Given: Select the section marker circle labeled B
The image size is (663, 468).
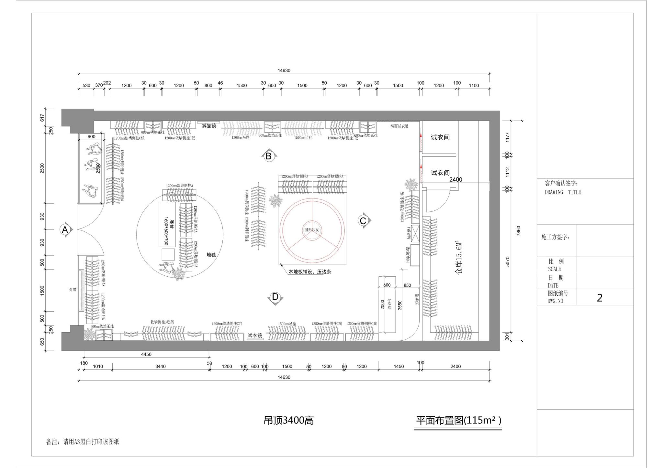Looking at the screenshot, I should (268, 156).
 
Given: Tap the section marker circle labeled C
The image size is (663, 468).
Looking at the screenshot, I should (363, 221).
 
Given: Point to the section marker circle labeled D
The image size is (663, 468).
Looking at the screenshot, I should (275, 297).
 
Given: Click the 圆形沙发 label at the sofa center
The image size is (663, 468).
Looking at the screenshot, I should (312, 230).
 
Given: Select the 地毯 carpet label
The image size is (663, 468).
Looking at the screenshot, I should (211, 255).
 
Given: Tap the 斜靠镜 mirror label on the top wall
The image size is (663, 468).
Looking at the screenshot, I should (209, 126).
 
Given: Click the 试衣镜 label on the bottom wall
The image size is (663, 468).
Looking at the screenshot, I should (255, 335).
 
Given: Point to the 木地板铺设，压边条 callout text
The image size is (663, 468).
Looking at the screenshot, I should (310, 272).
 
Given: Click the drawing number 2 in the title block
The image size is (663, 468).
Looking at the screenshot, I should (599, 298).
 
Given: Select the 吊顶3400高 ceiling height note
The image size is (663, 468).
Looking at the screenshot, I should (288, 420).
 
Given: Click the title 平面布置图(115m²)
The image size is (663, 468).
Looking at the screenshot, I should (458, 420).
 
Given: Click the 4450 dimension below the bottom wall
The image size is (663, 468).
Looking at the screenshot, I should (146, 354).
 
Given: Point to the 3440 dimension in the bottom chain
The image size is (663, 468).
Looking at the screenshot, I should (160, 366).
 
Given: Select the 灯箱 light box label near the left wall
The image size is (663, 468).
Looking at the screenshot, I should (73, 290).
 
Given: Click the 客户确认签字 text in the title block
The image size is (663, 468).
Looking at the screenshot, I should (562, 183).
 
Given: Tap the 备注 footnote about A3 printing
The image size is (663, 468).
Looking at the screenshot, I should (83, 441).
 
